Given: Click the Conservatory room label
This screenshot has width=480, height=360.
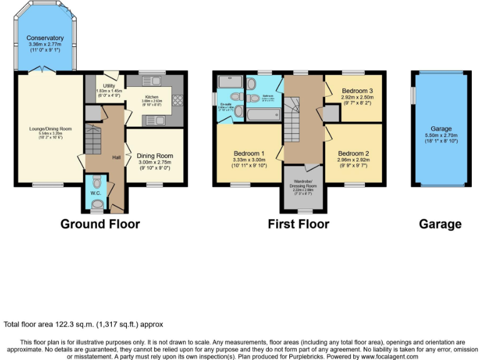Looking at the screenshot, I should (x=46, y=38).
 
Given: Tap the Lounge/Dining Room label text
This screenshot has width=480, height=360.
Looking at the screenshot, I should (x=51, y=129).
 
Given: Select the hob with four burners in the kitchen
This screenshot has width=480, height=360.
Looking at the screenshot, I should (x=177, y=99).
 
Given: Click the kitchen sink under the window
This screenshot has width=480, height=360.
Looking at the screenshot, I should (x=152, y=81).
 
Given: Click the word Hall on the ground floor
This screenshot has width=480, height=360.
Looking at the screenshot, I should (x=116, y=157).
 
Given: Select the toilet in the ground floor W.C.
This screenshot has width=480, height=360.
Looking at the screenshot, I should (x=96, y=181).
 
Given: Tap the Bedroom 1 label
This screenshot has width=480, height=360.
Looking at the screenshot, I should (x=249, y=154).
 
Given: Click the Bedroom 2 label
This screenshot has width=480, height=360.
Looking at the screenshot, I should (x=353, y=154).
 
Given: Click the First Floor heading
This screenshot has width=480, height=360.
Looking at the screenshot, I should (x=298, y=224).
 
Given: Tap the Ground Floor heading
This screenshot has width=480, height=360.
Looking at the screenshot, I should (x=100, y=224).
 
